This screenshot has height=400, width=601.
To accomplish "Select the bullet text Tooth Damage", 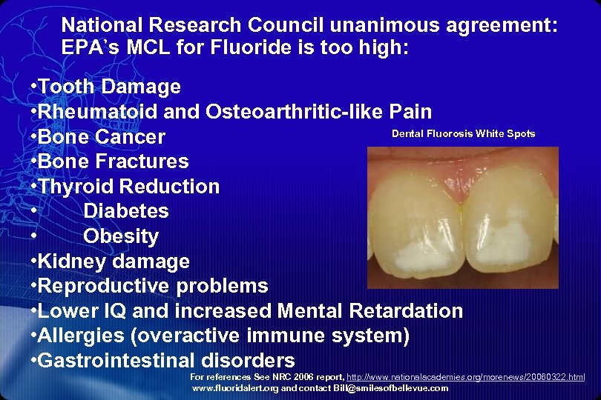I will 108,87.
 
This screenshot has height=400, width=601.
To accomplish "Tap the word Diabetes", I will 126,211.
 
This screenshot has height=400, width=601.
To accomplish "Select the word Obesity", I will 121,236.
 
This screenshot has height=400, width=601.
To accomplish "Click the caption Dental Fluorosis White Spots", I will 463,134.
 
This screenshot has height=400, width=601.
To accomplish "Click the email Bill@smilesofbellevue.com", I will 390,388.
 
